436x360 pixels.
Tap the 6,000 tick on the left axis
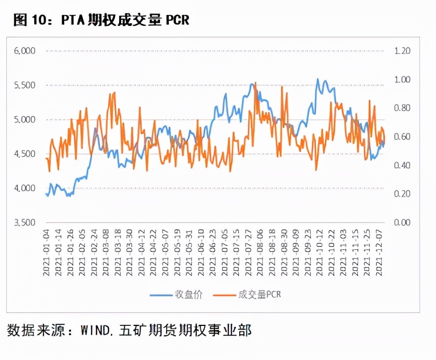coord(24,51)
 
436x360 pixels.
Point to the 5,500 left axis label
coord(24,85)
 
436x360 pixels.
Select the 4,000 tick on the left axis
coord(24,188)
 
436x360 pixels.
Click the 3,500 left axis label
coord(24,222)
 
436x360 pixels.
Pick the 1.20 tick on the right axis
coord(402,51)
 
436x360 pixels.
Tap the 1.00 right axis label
coord(402,80)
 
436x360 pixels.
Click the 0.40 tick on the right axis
coord(402,166)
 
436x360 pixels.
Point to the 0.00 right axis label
coord(402,222)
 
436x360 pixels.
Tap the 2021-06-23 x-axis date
coord(214,254)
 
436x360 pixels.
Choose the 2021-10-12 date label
coord(320,254)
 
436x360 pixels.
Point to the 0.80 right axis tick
coord(402,108)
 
